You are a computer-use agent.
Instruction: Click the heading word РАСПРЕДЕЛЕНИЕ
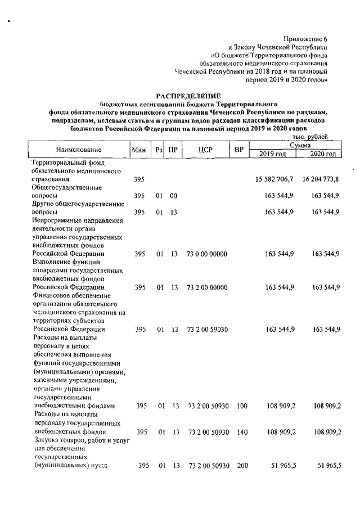click(x=188, y=96)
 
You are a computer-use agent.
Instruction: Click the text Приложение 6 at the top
click(x=308, y=39)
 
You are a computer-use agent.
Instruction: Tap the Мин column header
click(x=139, y=150)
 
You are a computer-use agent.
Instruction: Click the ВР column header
click(x=238, y=150)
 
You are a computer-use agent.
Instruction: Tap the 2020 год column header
click(x=323, y=154)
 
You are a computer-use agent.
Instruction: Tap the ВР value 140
click(x=242, y=432)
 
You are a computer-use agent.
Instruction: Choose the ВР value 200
click(x=242, y=466)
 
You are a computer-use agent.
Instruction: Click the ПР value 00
click(x=174, y=196)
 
